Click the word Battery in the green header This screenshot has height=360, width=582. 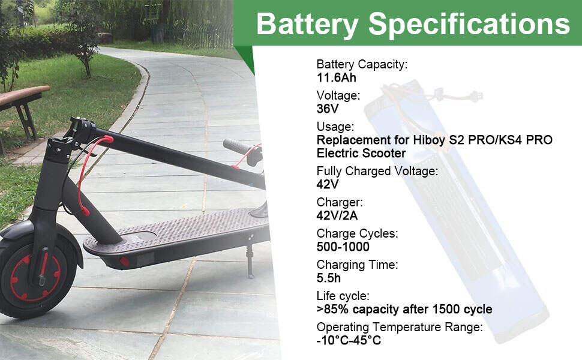(x=307, y=25)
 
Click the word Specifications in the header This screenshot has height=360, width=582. (x=469, y=25)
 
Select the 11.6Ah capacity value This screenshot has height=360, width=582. (x=336, y=77)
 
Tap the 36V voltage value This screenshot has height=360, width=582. (x=328, y=109)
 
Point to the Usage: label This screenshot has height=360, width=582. (x=335, y=127)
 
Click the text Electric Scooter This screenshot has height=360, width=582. (x=361, y=153)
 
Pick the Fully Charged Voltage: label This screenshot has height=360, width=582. (x=377, y=171)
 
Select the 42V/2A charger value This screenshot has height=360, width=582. (x=337, y=215)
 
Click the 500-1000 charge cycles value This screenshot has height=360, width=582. (x=343, y=247)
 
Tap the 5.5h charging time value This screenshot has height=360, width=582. (x=328, y=278)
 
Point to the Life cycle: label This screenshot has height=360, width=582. (x=343, y=296)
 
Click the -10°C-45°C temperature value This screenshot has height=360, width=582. (x=349, y=340)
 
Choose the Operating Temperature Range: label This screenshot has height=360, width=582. (x=400, y=327)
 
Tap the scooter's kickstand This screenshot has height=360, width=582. (x=250, y=261)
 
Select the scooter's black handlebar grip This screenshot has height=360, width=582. (x=238, y=147)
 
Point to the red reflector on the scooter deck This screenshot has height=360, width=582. (x=125, y=262)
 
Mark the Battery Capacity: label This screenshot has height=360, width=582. (x=362, y=64)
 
